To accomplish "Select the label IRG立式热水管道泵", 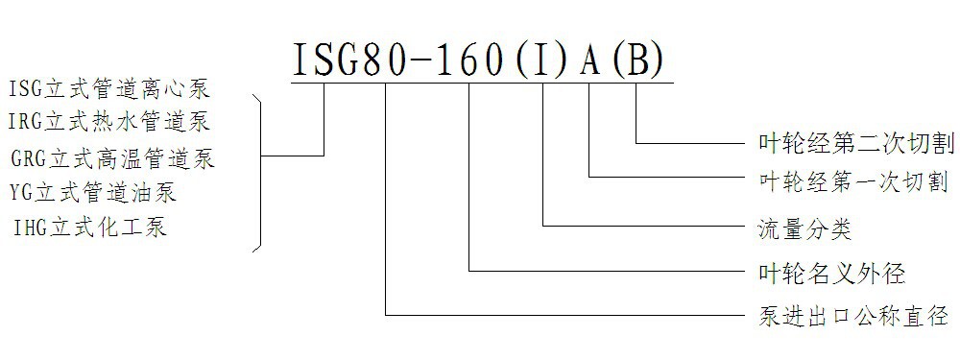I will (x=109, y=122).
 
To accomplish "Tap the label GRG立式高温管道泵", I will (x=112, y=158).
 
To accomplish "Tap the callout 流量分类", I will (x=799, y=230).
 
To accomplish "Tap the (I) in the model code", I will (x=543, y=60).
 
